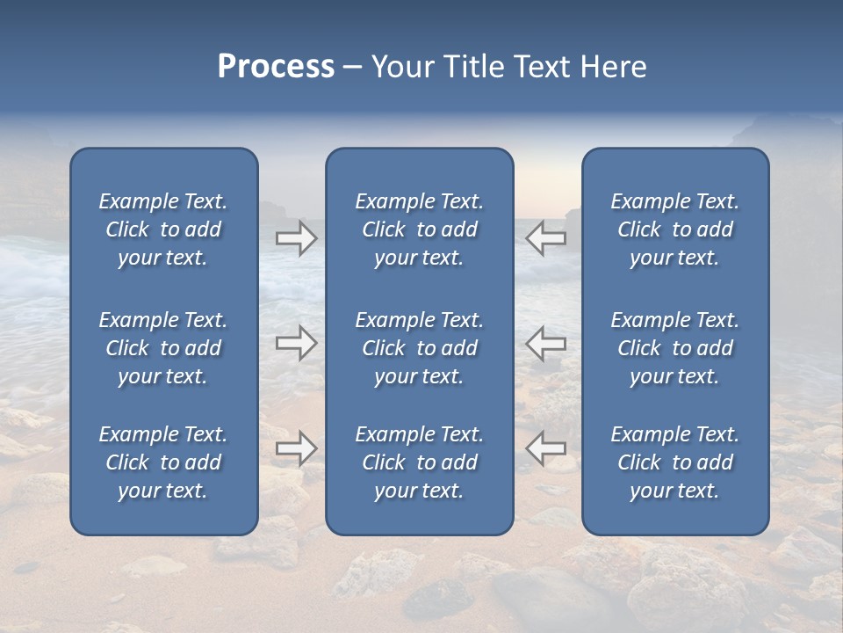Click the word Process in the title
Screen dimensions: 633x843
pos(276,67)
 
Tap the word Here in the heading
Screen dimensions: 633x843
pos(613,67)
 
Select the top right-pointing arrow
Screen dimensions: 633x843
pos(296,238)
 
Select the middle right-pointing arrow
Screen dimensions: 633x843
pos(296,343)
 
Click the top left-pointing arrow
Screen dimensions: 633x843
pos(545,238)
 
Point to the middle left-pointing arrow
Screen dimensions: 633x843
pos(545,343)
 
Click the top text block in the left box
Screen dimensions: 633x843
pos(163,229)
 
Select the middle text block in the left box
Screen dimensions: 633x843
pos(163,348)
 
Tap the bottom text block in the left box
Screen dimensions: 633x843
pos(163,462)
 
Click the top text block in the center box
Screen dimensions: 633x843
pos(419,229)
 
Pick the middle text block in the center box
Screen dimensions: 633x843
pos(419,348)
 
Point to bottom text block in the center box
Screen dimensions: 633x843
pos(419,462)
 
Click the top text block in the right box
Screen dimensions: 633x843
pos(674,229)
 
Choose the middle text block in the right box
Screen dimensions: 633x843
pos(674,348)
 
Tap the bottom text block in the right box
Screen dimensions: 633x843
pos(674,462)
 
